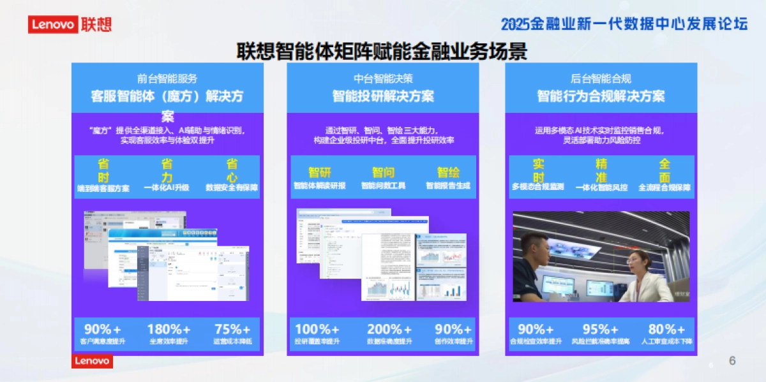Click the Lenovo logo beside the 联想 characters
[x=53, y=24]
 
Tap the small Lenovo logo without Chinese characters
[x=92, y=362]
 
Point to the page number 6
[x=732, y=361]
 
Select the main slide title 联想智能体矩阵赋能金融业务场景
[x=382, y=51]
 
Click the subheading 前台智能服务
[x=167, y=79]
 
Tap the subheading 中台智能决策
[x=383, y=79]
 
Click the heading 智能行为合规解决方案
[x=601, y=96]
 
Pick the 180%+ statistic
[x=169, y=329]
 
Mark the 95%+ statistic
[x=601, y=329]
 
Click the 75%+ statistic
[x=232, y=329]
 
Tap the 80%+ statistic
[x=666, y=329]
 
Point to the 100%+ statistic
[x=317, y=329]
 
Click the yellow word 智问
[x=383, y=172]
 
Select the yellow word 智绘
[x=448, y=172]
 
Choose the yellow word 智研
[x=319, y=172]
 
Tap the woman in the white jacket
[x=645, y=281]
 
